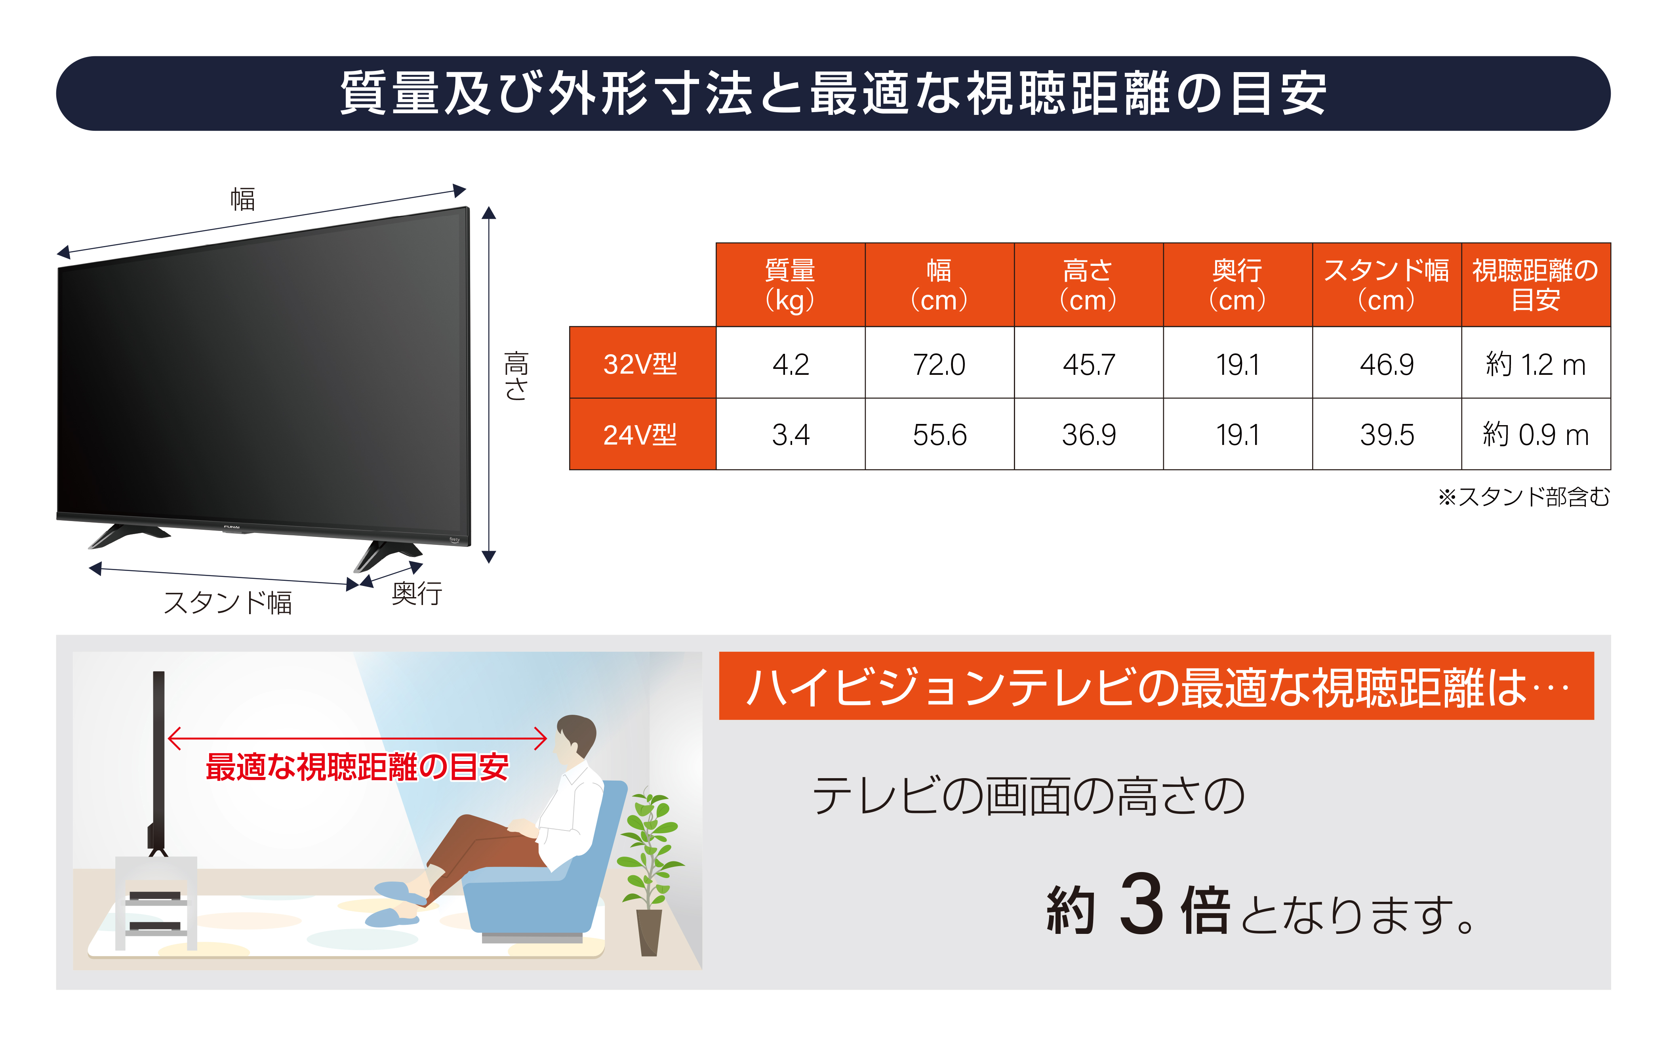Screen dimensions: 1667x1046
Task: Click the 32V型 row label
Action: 641,363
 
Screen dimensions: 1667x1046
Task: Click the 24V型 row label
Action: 641,435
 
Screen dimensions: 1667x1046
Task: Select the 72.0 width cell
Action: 939,363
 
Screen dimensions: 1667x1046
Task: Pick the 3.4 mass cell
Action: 790,435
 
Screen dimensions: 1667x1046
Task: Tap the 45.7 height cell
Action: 1088,363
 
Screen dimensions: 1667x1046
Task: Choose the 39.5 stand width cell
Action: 1386,435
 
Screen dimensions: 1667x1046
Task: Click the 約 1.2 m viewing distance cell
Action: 1536,363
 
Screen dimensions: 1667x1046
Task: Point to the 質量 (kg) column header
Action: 790,284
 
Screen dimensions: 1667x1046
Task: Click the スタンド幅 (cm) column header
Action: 1386,284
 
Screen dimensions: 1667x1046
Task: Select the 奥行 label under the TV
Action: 416,593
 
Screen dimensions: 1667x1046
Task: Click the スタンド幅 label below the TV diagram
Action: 227,602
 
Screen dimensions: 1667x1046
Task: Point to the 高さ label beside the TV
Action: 516,376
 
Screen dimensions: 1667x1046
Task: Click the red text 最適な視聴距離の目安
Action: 357,767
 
